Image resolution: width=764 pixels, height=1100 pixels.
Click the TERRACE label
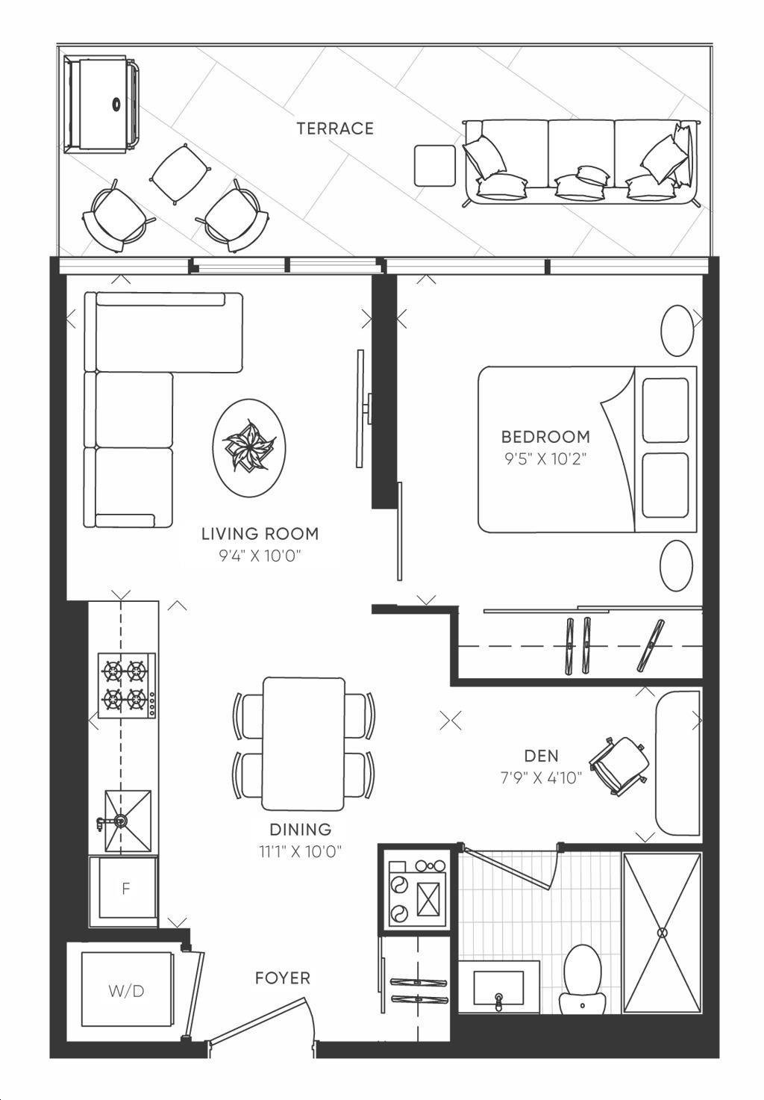click(335, 128)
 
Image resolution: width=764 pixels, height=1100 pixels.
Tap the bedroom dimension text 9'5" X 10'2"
click(545, 459)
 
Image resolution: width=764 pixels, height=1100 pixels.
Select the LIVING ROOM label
click(260, 533)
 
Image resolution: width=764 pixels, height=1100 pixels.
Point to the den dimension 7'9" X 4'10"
click(541, 778)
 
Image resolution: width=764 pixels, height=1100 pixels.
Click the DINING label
click(300, 830)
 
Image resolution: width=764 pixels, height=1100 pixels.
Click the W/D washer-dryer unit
click(126, 992)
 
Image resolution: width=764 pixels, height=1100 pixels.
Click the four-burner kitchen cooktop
click(127, 685)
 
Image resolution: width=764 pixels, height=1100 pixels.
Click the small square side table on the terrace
click(435, 166)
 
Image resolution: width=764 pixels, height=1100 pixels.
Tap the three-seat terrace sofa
click(580, 162)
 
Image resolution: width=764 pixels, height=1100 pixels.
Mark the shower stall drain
click(663, 931)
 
